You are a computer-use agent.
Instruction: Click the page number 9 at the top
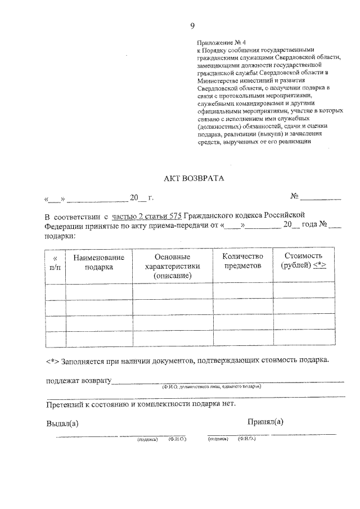click(x=192, y=26)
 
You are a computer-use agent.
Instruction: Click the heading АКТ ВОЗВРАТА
click(x=193, y=178)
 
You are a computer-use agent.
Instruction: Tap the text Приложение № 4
click(x=222, y=42)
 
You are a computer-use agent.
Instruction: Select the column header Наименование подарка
click(x=99, y=262)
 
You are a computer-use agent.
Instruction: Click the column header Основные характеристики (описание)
click(x=172, y=266)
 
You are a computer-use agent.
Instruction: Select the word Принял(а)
click(x=265, y=421)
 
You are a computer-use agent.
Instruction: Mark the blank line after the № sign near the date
click(x=321, y=197)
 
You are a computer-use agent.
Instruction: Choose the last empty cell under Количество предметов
click(x=242, y=339)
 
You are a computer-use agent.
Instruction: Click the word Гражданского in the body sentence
click(x=216, y=216)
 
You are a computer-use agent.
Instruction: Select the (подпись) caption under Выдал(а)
click(x=147, y=439)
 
